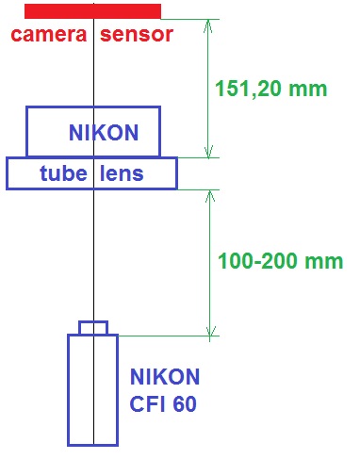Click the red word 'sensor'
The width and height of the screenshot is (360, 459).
(x=136, y=36)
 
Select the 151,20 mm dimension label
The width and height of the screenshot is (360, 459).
(x=270, y=90)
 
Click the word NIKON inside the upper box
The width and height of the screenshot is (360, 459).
(x=103, y=134)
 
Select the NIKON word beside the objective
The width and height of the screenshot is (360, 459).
(x=164, y=378)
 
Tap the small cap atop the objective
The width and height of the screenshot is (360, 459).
(x=92, y=327)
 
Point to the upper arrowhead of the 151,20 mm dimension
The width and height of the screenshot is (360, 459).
(x=209, y=26)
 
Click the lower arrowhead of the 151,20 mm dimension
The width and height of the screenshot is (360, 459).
(x=209, y=151)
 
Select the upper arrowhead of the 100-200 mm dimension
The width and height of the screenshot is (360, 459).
(x=209, y=197)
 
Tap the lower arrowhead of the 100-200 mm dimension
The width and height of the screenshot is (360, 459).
(x=209, y=328)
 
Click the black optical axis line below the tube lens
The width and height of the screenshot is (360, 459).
(x=93, y=254)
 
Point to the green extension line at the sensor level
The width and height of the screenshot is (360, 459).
(x=188, y=19)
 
